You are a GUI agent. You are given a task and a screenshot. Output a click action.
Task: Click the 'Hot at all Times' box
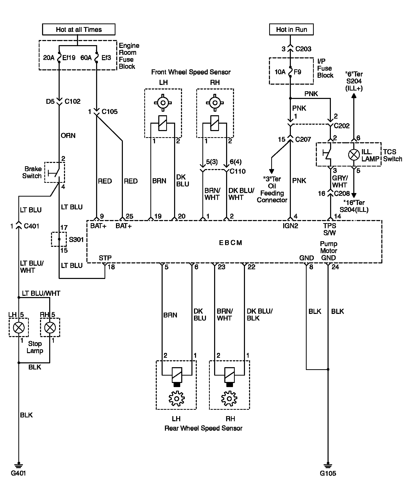click(79, 30)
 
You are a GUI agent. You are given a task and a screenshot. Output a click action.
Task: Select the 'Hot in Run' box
click(291, 30)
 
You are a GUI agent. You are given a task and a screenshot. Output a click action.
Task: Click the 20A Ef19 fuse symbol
click(59, 58)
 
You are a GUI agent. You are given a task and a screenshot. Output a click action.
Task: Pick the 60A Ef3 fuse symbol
click(97, 58)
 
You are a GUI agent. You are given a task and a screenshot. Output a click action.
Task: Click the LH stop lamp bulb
click(19, 327)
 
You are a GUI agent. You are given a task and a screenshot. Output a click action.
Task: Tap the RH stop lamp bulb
click(50, 327)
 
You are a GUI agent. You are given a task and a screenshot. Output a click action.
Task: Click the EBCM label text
click(230, 243)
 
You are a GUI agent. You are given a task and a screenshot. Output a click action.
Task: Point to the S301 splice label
click(76, 240)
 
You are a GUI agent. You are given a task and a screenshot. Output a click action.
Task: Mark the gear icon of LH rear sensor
click(176, 398)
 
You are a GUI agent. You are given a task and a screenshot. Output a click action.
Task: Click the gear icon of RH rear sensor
click(229, 398)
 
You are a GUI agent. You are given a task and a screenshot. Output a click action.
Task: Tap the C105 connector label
click(110, 112)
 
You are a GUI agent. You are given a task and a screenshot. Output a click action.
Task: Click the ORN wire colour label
click(68, 136)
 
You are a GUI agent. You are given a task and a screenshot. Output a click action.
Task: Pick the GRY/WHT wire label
click(340, 181)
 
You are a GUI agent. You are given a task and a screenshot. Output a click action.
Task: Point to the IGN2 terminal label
click(290, 226)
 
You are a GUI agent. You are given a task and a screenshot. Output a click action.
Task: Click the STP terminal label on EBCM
click(105, 258)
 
